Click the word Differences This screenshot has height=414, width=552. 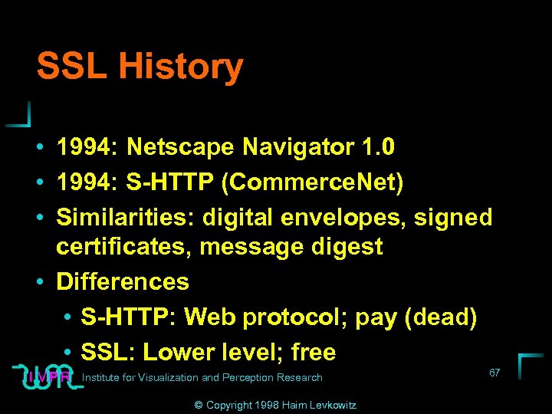point(123,281)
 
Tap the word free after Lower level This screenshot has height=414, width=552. point(314,352)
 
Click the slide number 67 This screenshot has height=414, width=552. point(495,373)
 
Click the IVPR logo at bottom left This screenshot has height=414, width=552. point(48,376)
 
